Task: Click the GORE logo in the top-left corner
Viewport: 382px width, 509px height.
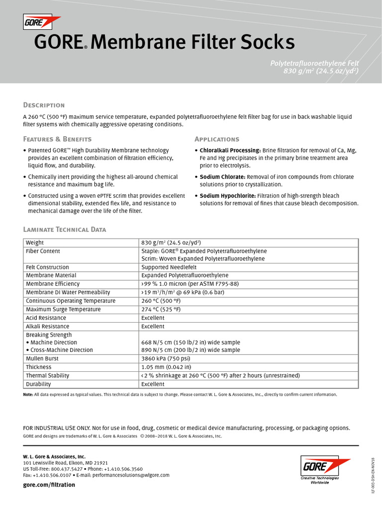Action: [42, 22]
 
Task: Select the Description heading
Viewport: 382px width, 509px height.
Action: [44, 105]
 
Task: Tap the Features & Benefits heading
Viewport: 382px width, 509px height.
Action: [57, 139]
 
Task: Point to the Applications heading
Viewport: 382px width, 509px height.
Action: [217, 139]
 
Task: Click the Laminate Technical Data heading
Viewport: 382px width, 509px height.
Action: [65, 229]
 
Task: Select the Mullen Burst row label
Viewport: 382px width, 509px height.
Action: [42, 358]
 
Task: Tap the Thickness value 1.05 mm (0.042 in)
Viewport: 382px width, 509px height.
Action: [169, 367]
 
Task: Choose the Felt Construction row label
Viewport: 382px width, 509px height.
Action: [48, 267]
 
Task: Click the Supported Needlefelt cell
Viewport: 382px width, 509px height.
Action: [170, 267]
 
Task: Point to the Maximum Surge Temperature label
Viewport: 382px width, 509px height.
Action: [63, 309]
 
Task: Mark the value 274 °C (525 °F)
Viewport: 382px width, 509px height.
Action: [161, 309]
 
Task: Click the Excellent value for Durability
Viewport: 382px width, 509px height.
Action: [153, 384]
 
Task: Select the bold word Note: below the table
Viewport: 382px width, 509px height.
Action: [28, 395]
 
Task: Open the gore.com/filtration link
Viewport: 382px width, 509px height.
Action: [49, 485]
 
